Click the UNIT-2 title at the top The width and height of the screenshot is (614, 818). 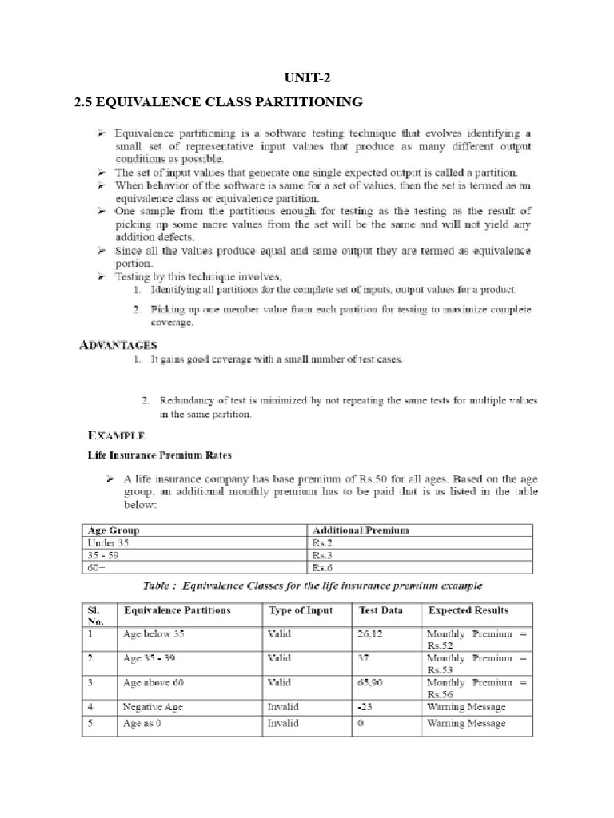point(306,77)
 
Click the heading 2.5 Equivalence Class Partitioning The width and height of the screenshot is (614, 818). point(217,102)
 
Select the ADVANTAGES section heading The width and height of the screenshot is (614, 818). point(118,344)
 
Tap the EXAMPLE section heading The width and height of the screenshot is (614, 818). point(116,435)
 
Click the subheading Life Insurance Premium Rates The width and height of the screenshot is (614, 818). point(159,455)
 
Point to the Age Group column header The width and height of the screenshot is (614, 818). point(113,530)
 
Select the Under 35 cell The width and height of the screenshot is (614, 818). point(107,542)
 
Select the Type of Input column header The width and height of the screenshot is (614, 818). point(300,610)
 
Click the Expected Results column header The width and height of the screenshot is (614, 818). point(468,610)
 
